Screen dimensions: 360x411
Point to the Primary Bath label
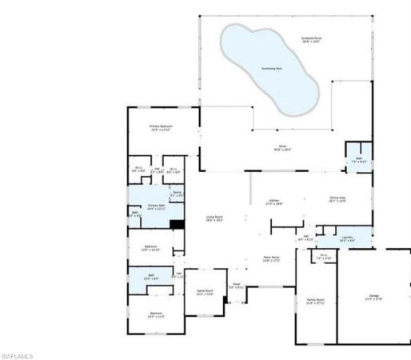click(156, 207)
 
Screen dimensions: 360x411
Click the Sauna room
click(177, 194)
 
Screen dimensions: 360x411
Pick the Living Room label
click(214, 218)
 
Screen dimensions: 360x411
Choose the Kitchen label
click(275, 202)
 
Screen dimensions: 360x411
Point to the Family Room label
click(314, 302)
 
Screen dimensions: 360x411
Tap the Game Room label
click(205, 292)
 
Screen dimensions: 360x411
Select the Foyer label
click(237, 286)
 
